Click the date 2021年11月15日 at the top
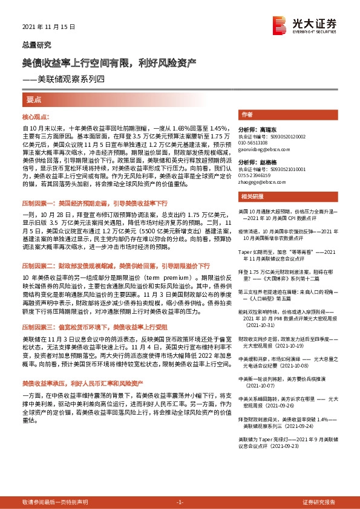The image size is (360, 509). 44,28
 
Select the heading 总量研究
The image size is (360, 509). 37,45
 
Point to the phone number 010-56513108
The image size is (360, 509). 255,143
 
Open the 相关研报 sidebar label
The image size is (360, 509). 250,197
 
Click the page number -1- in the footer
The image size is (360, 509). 179,502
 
